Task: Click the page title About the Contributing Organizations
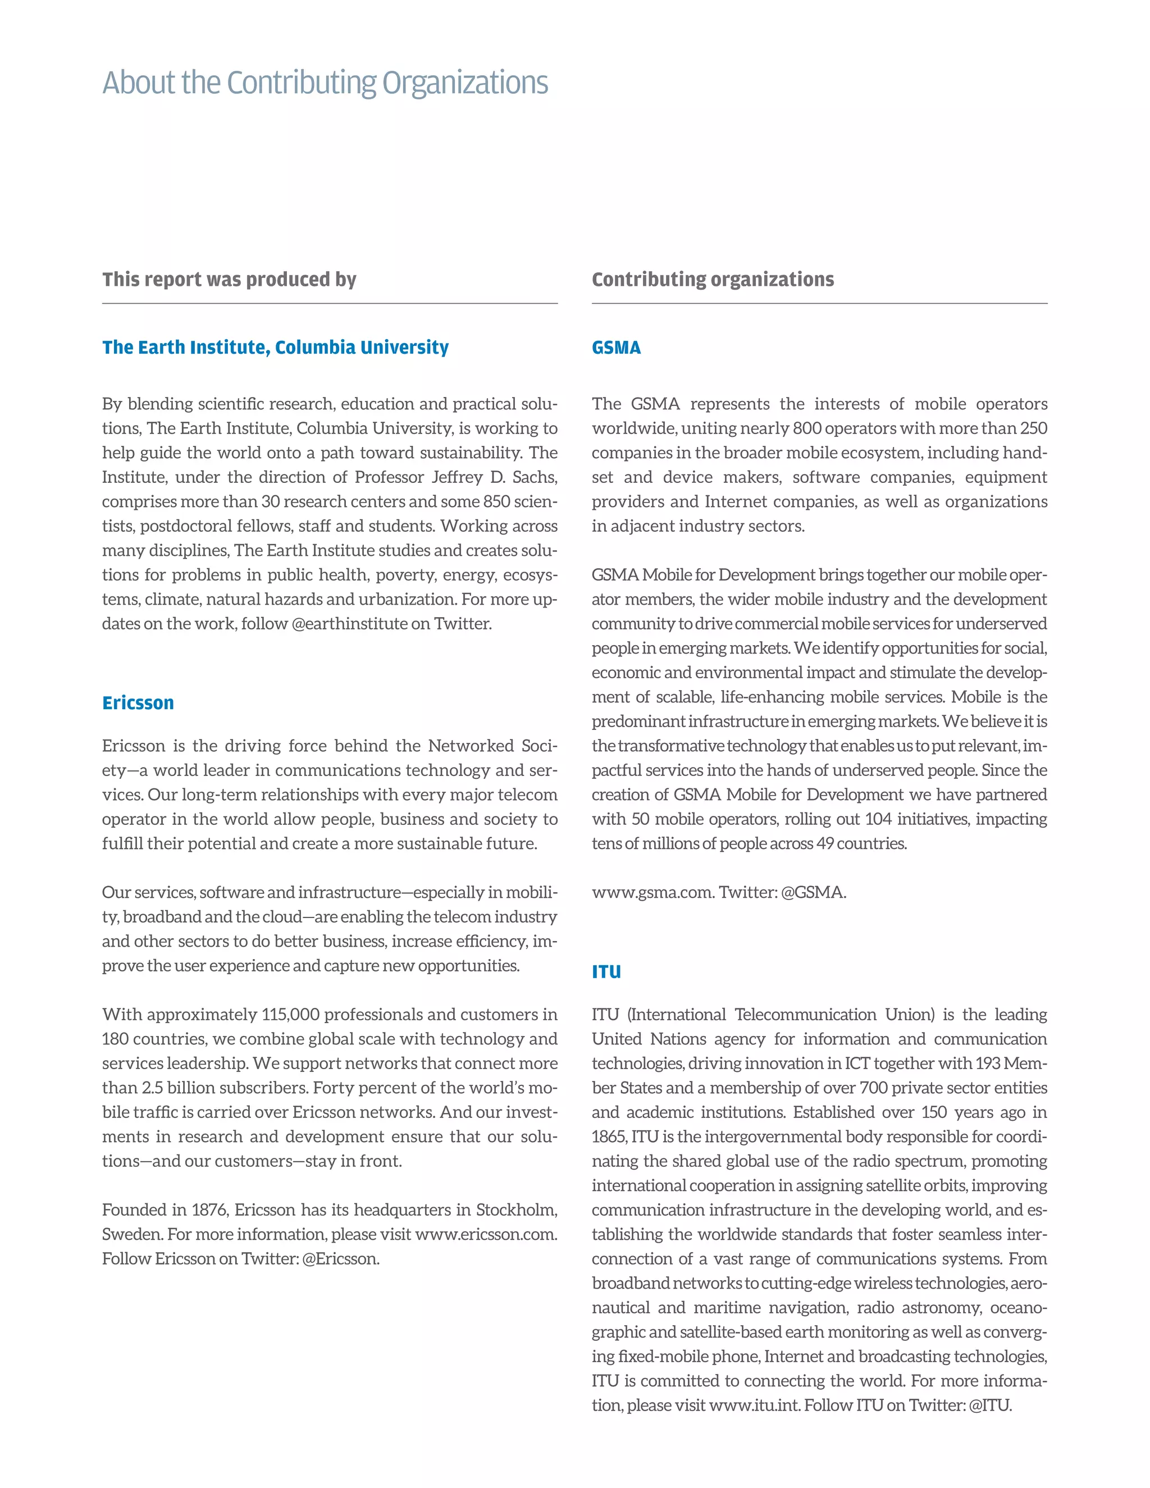pos(325,83)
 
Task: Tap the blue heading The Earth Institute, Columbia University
pos(275,348)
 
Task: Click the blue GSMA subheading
pos(616,348)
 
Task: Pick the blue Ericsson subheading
pos(138,703)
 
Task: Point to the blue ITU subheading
pos(606,972)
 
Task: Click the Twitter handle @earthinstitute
pos(349,624)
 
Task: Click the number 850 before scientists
pos(496,502)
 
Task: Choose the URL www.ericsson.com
pos(485,1235)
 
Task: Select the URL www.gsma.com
pos(652,893)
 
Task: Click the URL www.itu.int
pos(754,1406)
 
